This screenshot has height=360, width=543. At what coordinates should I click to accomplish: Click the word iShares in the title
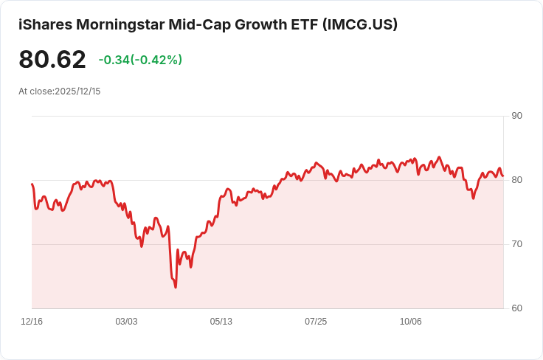click(44, 24)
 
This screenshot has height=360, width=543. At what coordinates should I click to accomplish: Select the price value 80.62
click(52, 59)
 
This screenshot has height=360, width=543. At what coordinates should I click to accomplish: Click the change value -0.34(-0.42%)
click(140, 60)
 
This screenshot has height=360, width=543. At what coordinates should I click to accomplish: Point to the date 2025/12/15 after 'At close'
click(77, 91)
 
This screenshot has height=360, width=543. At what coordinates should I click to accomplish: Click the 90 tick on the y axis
click(516, 116)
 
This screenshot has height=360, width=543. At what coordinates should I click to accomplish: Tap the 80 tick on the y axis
click(516, 180)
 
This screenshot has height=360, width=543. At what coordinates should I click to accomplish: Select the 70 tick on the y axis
click(516, 244)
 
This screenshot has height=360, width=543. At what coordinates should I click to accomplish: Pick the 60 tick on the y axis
click(516, 308)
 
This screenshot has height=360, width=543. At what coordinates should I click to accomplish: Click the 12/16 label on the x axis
click(32, 322)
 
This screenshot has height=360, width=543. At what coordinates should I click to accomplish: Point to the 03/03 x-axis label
click(126, 322)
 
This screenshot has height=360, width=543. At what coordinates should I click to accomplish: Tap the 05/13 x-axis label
click(221, 322)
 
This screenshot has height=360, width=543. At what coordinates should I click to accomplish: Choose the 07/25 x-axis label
click(316, 322)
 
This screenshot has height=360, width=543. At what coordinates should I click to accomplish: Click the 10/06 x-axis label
click(410, 322)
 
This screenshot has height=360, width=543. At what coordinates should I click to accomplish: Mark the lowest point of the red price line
click(176, 287)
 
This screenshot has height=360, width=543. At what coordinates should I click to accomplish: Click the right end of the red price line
click(503, 176)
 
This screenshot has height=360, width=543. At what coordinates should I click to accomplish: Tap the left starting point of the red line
click(32, 184)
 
